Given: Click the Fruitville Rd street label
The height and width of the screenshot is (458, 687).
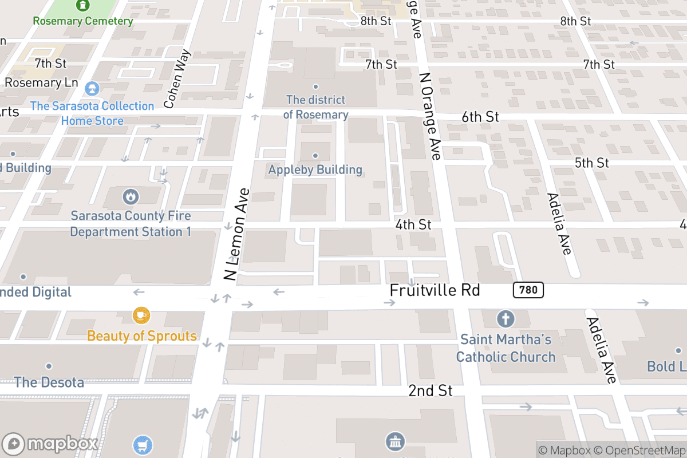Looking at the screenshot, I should pyautogui.click(x=434, y=290).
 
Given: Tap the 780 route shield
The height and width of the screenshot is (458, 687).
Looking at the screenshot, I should pyautogui.click(x=528, y=290).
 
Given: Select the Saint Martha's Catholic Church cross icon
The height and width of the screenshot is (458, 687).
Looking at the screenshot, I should pyautogui.click(x=506, y=318).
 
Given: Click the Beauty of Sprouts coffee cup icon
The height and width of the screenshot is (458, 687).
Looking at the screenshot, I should pyautogui.click(x=141, y=315).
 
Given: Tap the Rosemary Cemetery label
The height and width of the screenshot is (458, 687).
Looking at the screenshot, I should pyautogui.click(x=83, y=21).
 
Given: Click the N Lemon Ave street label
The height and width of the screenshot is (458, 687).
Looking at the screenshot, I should pyautogui.click(x=237, y=235).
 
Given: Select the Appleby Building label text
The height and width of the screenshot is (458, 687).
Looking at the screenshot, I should pyautogui.click(x=315, y=169).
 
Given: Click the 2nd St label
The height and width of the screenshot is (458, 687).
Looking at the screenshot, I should pyautogui.click(x=431, y=391).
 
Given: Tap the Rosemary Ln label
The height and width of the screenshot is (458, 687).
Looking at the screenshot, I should pyautogui.click(x=41, y=82).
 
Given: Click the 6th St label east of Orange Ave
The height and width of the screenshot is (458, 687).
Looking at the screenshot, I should pyautogui.click(x=480, y=117).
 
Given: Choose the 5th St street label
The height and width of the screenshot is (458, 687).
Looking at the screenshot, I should pyautogui.click(x=592, y=163).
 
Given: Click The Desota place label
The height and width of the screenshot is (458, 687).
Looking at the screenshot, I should pyautogui.click(x=49, y=382).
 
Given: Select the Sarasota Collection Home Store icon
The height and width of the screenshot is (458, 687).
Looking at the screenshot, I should pyautogui.click(x=91, y=89).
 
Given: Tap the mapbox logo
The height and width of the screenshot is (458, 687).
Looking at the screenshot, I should pyautogui.click(x=50, y=444).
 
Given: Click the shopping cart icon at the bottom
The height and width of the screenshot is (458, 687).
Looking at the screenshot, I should pyautogui.click(x=143, y=445).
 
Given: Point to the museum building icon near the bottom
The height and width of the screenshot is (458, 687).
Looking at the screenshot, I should pyautogui.click(x=395, y=441).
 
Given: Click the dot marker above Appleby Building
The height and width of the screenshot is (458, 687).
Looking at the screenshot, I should pyautogui.click(x=315, y=156).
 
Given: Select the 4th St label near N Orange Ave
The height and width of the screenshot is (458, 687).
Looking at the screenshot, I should pyautogui.click(x=413, y=224).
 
